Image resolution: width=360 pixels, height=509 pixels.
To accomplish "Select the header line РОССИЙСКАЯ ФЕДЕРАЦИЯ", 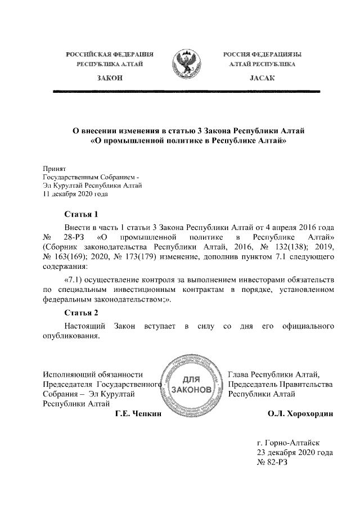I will (110, 55).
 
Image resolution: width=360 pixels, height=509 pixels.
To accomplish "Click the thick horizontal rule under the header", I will (186, 91).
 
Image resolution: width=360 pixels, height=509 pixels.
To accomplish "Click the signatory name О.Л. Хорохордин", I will (301, 415).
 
